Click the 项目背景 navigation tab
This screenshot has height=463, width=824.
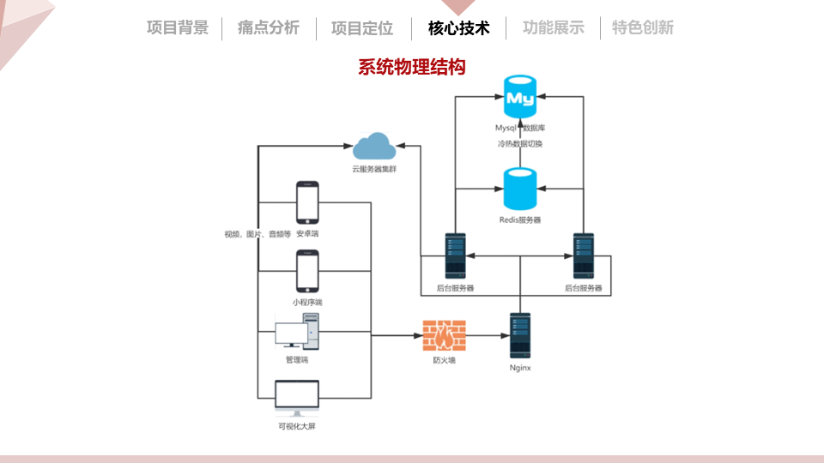[x=178, y=27]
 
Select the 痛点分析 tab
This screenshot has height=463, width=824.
[x=269, y=27]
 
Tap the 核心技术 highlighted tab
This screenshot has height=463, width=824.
[x=458, y=27]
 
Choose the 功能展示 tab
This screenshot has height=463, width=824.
[x=554, y=27]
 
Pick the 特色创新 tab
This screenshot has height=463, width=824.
[x=643, y=27]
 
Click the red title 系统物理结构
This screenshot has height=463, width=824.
[x=412, y=67]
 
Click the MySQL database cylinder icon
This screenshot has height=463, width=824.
[x=520, y=97]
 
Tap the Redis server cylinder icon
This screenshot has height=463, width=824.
[x=520, y=189]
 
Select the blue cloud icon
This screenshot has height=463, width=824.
[x=374, y=147]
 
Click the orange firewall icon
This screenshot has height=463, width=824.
[x=445, y=335]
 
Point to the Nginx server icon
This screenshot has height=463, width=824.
[x=520, y=336]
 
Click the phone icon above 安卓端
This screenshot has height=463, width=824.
[x=307, y=202]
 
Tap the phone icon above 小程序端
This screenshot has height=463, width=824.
[x=307, y=271]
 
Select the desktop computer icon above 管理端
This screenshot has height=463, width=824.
[x=297, y=332]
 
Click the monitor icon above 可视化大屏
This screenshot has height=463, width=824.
[x=297, y=398]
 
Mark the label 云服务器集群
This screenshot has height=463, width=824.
[x=374, y=169]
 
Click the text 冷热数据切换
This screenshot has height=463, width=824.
[x=520, y=144]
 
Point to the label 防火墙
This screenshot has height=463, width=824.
[x=445, y=360]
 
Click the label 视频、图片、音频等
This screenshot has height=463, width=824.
[x=257, y=234]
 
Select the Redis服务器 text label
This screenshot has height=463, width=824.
[x=520, y=220]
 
